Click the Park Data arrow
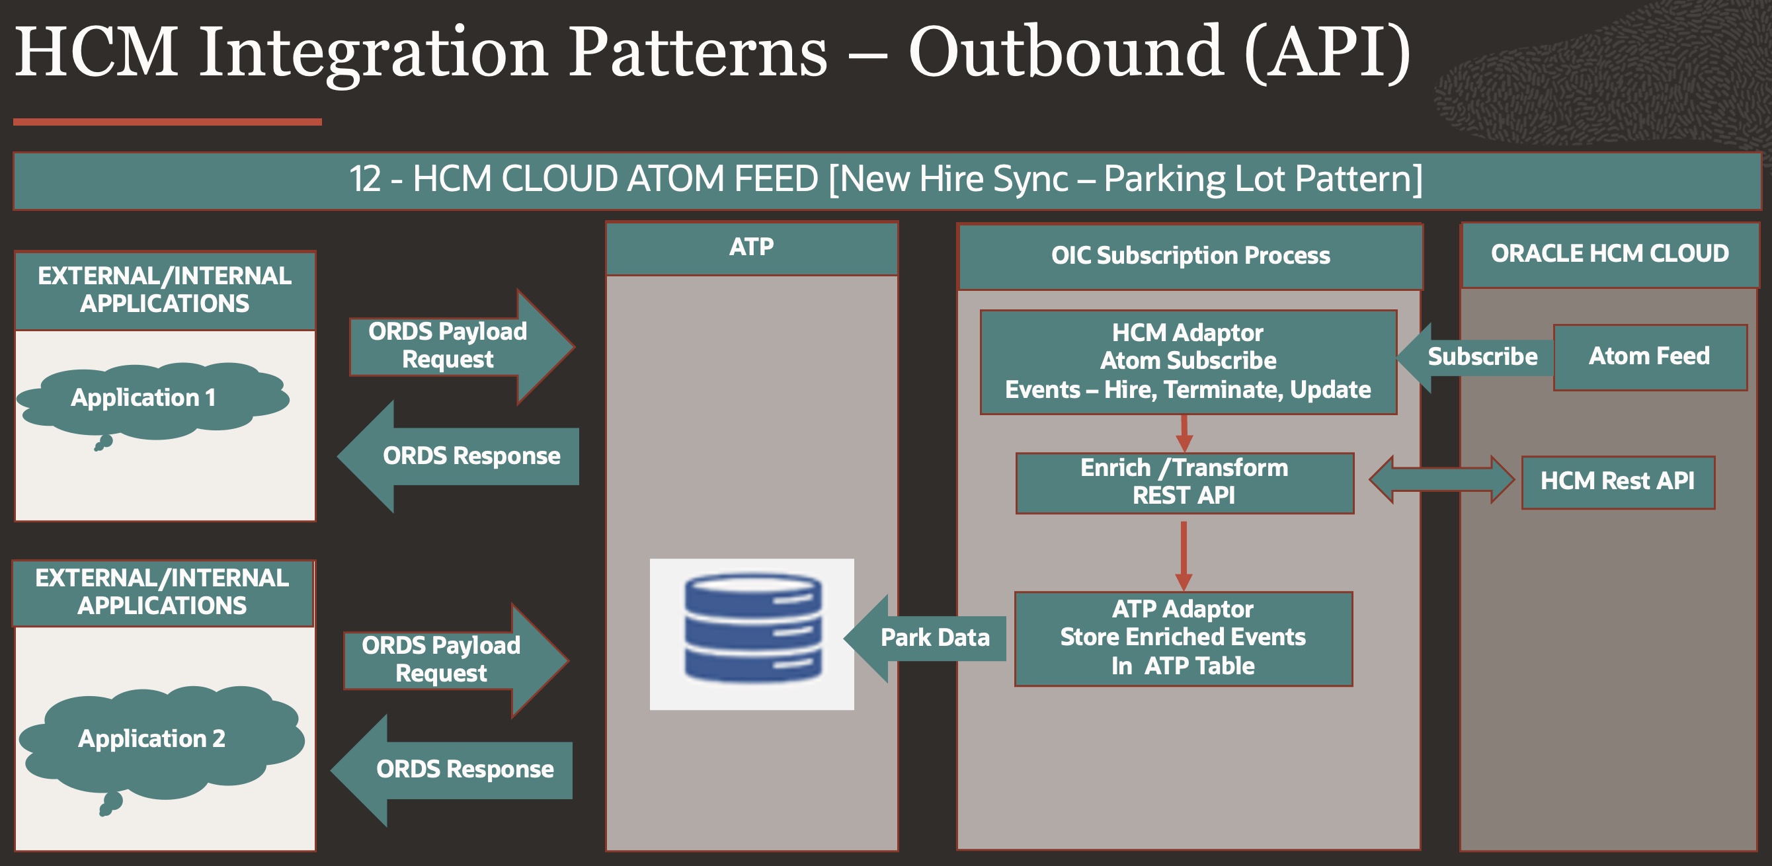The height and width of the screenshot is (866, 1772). [925, 639]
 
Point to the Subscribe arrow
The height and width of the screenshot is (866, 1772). [1476, 357]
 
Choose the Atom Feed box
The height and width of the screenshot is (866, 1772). [1650, 357]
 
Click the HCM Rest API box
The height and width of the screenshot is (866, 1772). [1617, 481]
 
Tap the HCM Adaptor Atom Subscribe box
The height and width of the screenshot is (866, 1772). [1188, 362]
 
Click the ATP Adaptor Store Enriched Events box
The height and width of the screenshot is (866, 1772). [1183, 639]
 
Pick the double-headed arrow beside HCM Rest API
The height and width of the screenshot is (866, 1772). [1442, 479]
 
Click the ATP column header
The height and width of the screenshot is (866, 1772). [752, 248]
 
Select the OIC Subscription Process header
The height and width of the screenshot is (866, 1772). [1190, 256]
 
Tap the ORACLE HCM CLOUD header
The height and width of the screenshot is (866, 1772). [1609, 254]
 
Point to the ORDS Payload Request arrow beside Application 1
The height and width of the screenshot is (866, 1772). [458, 346]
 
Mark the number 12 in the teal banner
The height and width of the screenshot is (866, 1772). [365, 179]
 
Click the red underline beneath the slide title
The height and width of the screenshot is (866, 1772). [167, 122]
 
